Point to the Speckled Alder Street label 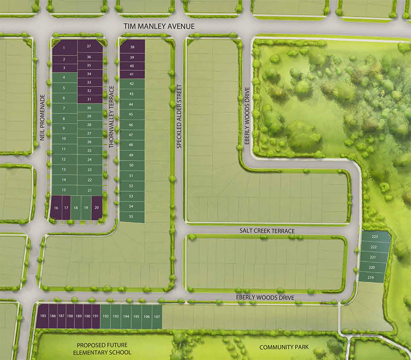tap(179, 116)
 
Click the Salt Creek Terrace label tap(267, 231)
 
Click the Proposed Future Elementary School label tap(102, 348)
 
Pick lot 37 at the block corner tap(89, 46)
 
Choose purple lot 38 tap(132, 47)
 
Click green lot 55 tap(132, 217)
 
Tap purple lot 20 tap(97, 208)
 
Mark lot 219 tap(371, 278)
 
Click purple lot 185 tap(43, 316)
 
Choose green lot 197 tap(157, 316)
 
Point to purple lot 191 tap(96, 316)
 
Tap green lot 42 tap(132, 83)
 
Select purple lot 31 tap(89, 99)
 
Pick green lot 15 tap(64, 190)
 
